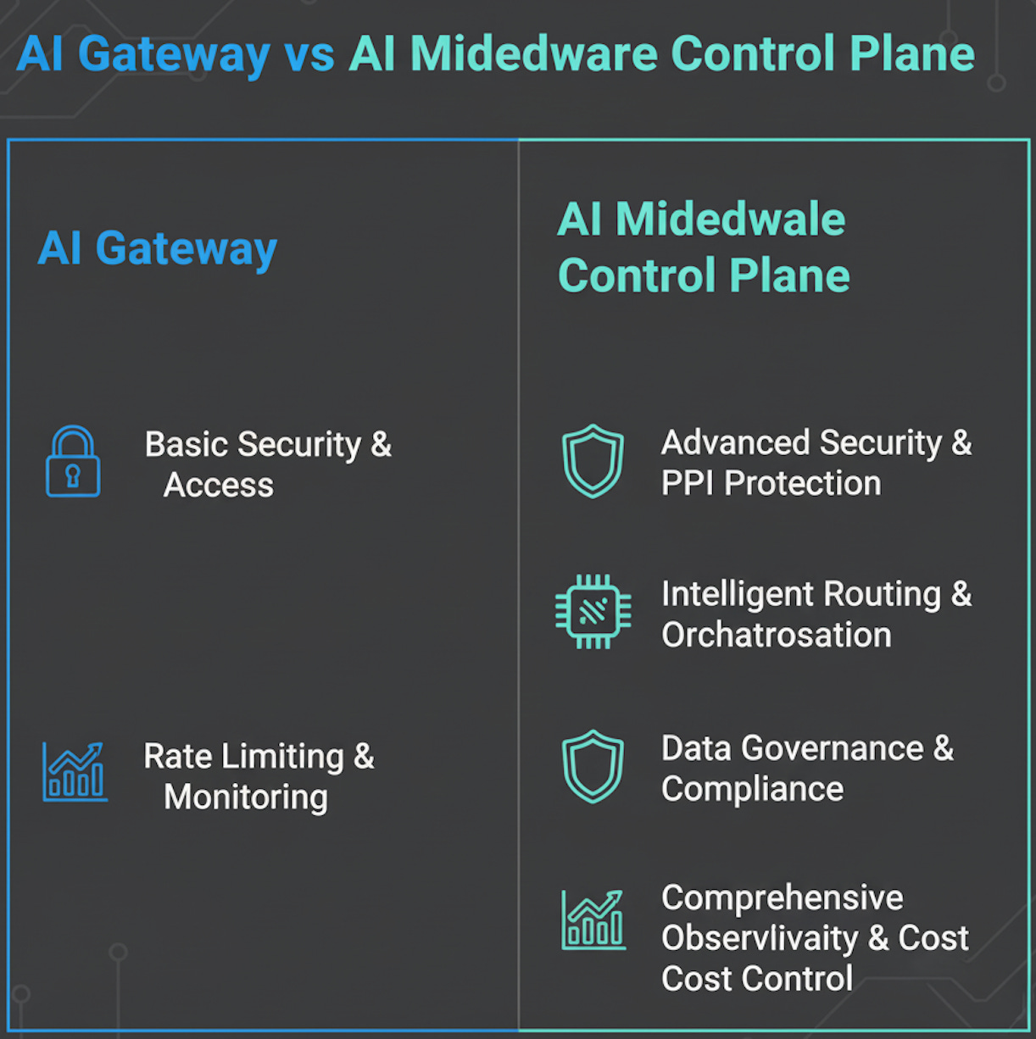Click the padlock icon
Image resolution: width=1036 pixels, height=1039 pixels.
click(73, 462)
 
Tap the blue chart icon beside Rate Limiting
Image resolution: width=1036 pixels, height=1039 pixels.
click(75, 772)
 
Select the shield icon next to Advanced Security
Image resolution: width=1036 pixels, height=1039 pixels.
click(593, 461)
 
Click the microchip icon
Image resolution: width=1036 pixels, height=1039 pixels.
click(593, 612)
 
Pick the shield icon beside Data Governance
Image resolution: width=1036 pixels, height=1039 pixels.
click(593, 767)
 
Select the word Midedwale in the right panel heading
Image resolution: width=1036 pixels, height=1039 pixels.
click(730, 219)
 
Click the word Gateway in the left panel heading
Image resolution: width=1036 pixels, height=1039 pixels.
click(187, 249)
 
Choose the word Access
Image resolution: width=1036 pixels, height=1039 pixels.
click(219, 485)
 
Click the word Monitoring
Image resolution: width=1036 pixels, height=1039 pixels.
click(246, 797)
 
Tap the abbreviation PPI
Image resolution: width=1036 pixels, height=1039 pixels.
click(688, 483)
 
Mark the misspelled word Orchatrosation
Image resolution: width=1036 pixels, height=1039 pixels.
click(777, 635)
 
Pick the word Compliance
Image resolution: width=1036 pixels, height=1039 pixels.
click(753, 789)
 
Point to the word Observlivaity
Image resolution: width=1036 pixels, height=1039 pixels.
click(760, 938)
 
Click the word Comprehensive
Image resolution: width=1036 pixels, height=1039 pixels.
click(783, 898)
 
